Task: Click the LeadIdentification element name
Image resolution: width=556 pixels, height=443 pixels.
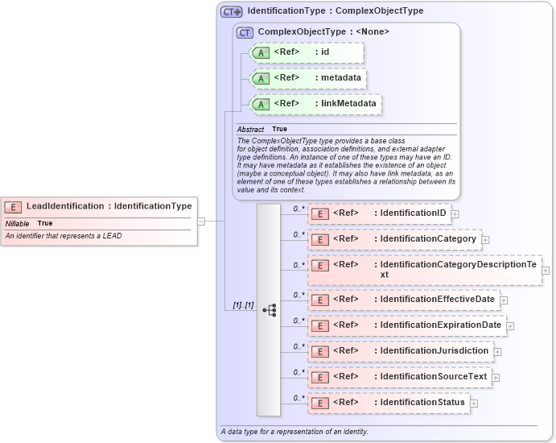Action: coord(65,206)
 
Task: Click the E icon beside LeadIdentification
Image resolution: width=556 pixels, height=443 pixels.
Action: coord(13,207)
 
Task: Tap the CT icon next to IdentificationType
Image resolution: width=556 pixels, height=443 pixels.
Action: coord(232,12)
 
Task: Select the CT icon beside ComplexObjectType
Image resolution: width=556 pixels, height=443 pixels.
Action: coord(245,32)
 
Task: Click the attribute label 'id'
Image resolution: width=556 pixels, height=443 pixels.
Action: coord(325,52)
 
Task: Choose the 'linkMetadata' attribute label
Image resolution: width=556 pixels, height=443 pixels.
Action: coord(348,104)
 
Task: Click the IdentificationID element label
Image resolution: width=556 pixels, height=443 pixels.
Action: coord(424,213)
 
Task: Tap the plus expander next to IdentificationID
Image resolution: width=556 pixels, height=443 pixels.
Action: coord(455,214)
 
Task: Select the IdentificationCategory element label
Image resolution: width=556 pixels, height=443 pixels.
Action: coord(428,239)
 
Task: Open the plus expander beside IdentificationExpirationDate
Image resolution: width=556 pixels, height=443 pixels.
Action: coord(510,326)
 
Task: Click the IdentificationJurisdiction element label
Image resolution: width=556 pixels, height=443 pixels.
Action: coord(434,351)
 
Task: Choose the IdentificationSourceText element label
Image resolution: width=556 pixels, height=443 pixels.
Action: coord(433,377)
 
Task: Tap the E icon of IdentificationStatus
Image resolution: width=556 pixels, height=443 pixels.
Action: coord(319,403)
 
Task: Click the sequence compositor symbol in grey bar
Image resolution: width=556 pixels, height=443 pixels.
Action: coord(269,310)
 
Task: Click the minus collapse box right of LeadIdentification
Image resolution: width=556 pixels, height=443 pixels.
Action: coord(200,221)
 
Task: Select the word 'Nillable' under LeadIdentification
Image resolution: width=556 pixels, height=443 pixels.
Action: coord(18,223)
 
